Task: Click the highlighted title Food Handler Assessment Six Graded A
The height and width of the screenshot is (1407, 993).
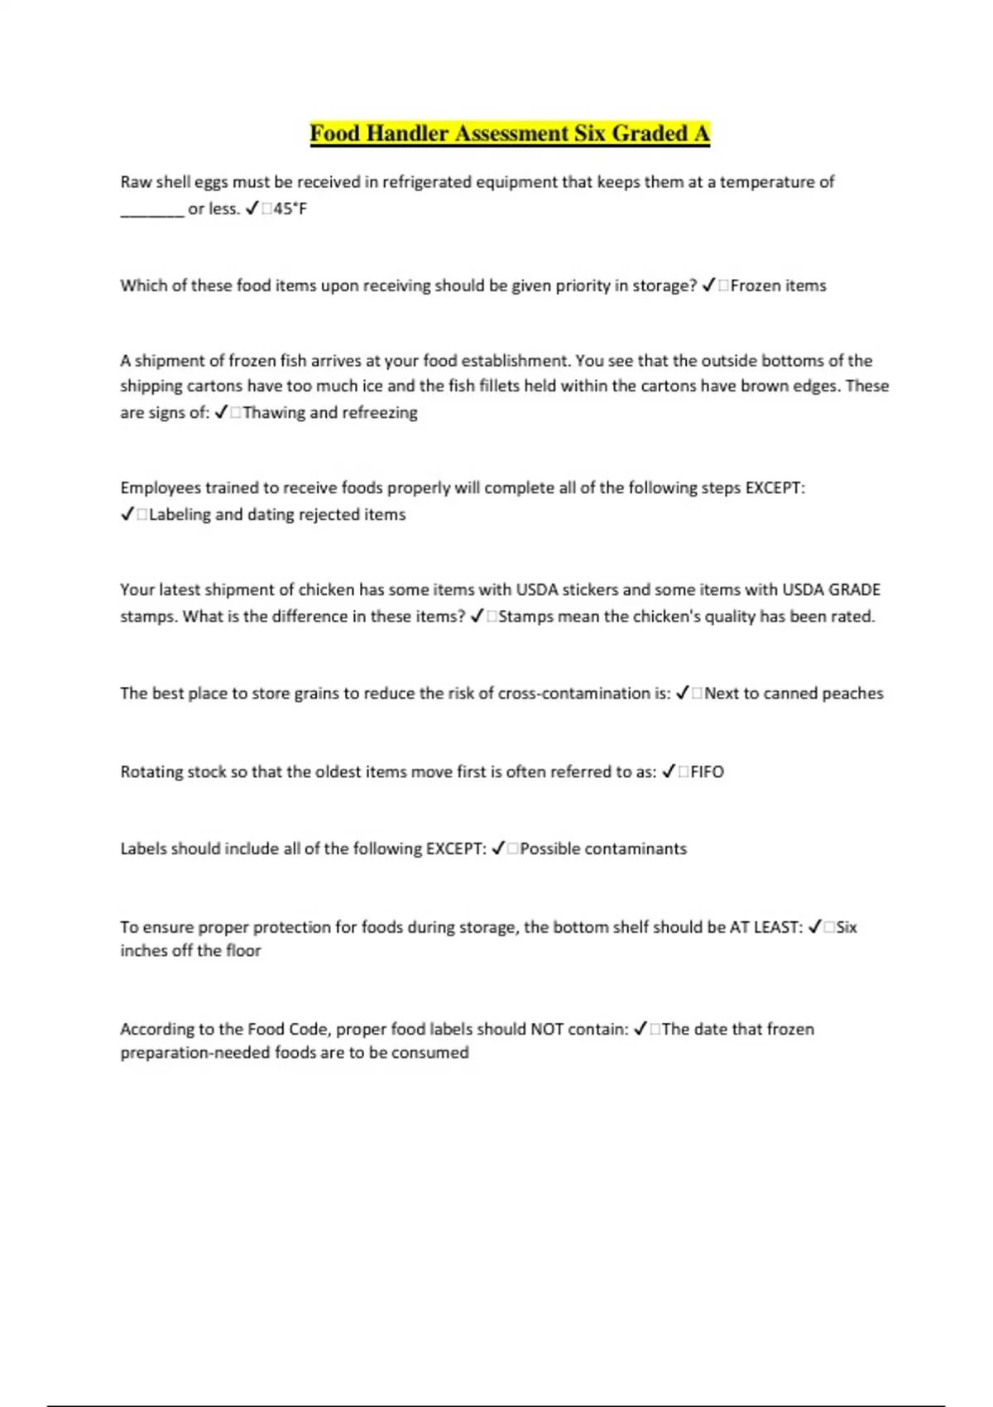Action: pyautogui.click(x=510, y=133)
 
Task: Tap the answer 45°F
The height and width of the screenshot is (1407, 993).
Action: pyautogui.click(x=290, y=209)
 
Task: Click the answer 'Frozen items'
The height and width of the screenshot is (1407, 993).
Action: pyautogui.click(x=778, y=286)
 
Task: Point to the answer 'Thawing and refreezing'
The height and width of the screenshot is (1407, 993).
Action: pyautogui.click(x=330, y=412)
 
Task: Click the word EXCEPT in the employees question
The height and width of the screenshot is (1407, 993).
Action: pyautogui.click(x=775, y=487)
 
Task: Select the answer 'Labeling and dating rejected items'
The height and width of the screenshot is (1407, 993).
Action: pyautogui.click(x=277, y=515)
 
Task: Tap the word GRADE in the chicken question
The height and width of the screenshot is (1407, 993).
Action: pyautogui.click(x=854, y=590)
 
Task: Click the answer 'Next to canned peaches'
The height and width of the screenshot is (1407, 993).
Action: pyautogui.click(x=794, y=694)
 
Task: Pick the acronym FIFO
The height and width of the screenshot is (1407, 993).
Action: pyautogui.click(x=707, y=771)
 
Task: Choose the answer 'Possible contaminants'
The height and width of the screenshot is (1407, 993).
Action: pyautogui.click(x=603, y=849)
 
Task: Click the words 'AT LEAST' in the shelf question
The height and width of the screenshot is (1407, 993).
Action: pyautogui.click(x=765, y=927)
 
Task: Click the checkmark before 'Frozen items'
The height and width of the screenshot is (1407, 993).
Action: pyautogui.click(x=708, y=286)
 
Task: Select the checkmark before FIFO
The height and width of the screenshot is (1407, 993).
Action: pyautogui.click(x=669, y=771)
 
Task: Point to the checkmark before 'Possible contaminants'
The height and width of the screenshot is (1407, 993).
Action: pyautogui.click(x=498, y=849)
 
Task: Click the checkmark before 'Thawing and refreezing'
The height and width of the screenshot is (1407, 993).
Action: pyautogui.click(x=221, y=412)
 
